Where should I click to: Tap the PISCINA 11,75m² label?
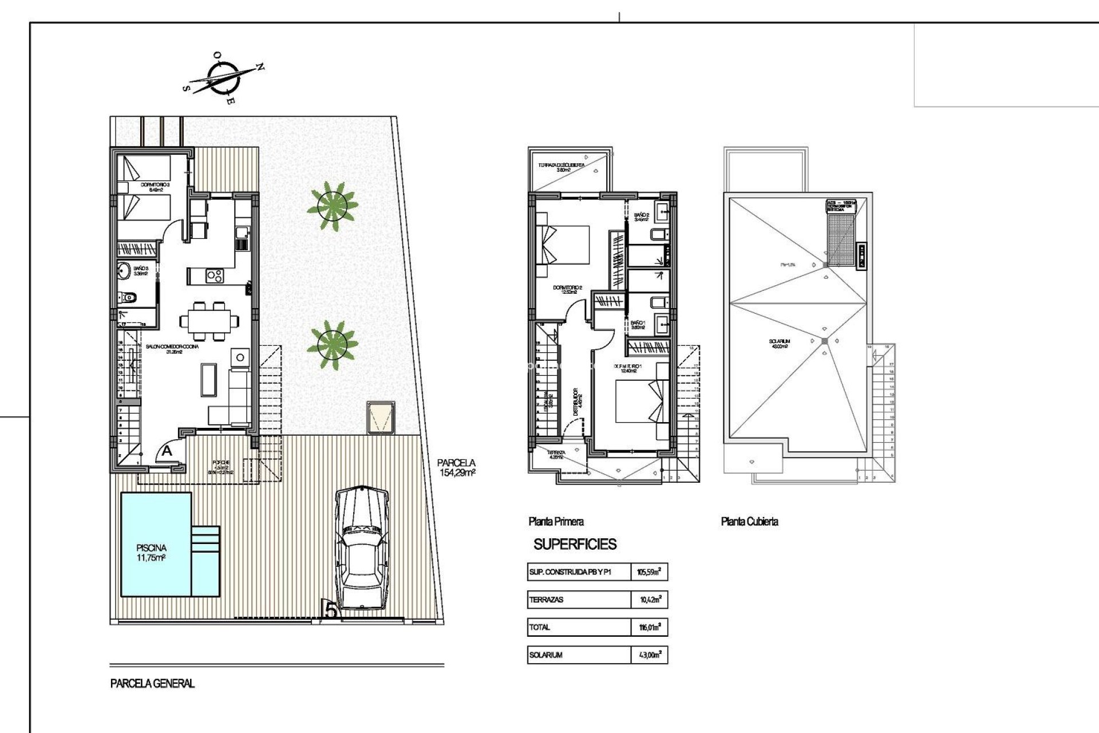[x=151, y=553]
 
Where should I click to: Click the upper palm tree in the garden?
[x=332, y=206]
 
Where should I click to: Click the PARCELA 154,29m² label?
[x=456, y=468]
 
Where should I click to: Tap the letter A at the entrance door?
[x=167, y=451]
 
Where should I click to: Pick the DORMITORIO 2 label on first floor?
[x=567, y=290]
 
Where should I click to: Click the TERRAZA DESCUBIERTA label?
[x=562, y=167]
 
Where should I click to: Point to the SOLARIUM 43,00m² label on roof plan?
[x=780, y=344]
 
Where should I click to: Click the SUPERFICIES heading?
[x=575, y=544]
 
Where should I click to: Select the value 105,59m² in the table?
[x=649, y=572]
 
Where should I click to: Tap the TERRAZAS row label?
[x=547, y=600]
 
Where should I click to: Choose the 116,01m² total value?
[x=650, y=628]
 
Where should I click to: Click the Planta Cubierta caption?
[x=749, y=521]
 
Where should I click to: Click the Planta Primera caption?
[x=556, y=521]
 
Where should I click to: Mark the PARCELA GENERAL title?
[x=152, y=683]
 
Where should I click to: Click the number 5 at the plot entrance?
[x=331, y=610]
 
